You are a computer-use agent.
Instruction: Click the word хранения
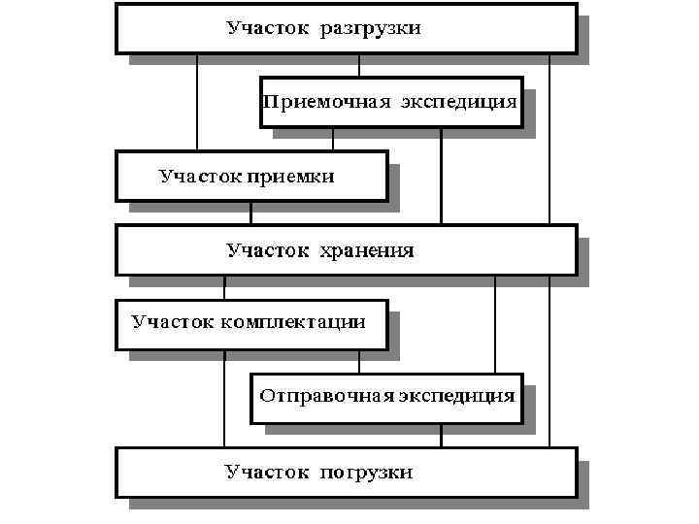(367, 250)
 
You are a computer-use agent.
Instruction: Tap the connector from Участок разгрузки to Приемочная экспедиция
(359, 65)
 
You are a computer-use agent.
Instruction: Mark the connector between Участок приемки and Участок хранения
(251, 213)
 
